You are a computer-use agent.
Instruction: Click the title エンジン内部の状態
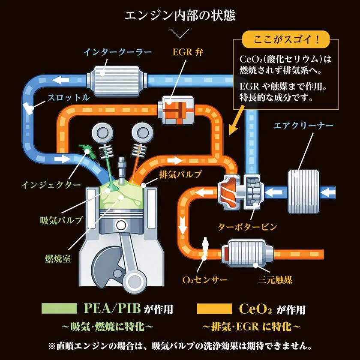pos(180,16)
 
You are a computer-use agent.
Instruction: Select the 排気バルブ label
pos(180,174)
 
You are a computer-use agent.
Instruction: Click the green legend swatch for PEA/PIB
pos(59,309)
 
